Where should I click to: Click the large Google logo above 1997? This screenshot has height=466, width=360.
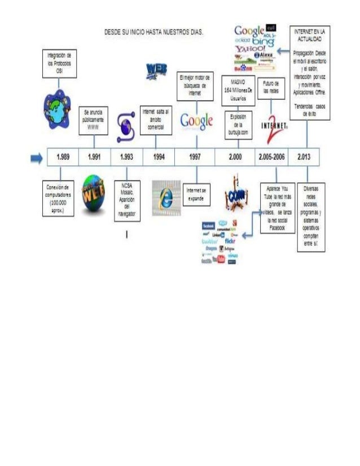196,120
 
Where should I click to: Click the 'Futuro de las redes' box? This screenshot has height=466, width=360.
272,89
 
